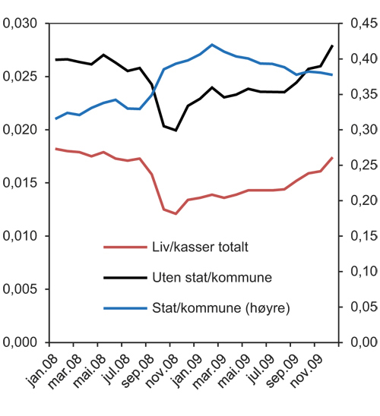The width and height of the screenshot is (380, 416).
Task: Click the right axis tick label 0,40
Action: [x=361, y=59]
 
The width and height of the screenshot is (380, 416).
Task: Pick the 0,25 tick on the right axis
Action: [x=361, y=165]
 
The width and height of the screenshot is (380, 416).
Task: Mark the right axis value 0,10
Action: [x=361, y=272]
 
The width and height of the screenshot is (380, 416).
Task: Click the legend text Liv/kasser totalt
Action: [x=197, y=246]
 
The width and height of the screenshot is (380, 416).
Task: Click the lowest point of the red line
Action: [x=176, y=214]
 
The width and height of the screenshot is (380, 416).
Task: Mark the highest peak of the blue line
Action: [x=212, y=45]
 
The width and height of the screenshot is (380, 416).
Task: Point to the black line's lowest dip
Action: [x=176, y=130]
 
